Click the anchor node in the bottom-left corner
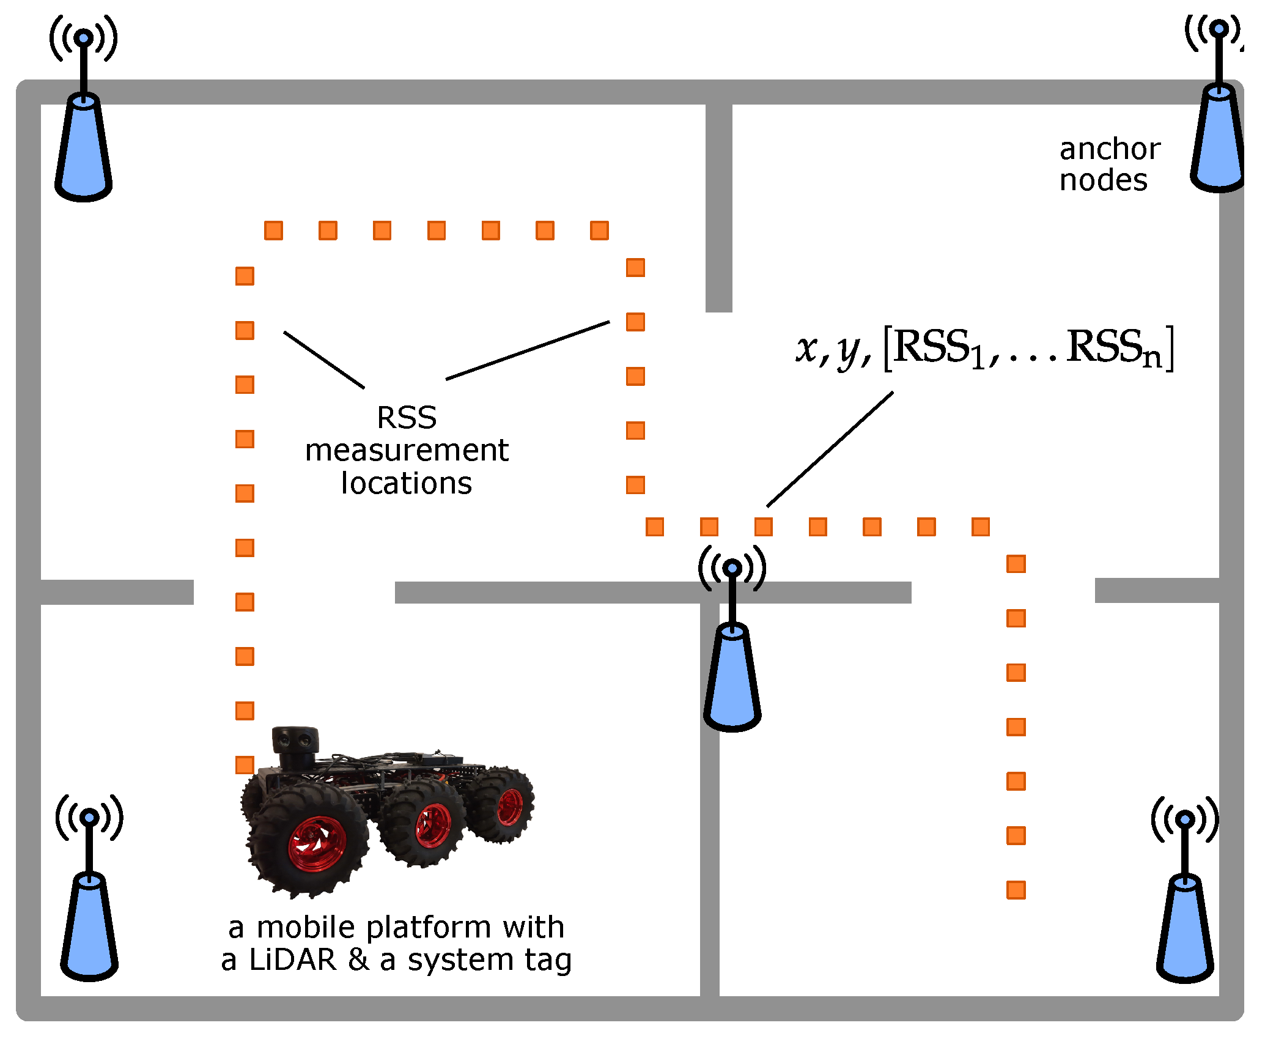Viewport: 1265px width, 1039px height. point(89,926)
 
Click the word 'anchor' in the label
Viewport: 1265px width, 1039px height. point(1110,149)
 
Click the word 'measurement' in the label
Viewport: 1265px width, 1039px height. point(407,451)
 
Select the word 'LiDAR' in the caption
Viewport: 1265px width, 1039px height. point(293,960)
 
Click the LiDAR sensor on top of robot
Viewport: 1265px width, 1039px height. point(295,741)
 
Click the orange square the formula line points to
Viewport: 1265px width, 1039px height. point(764,527)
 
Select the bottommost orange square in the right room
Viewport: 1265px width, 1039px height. point(1016,890)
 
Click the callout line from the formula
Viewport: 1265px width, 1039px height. point(830,449)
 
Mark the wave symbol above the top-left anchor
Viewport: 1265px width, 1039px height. point(84,38)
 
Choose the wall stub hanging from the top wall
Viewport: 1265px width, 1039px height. point(719,208)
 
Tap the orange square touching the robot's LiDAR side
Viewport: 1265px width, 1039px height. point(245,765)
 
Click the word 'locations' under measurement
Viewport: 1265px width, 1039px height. point(407,483)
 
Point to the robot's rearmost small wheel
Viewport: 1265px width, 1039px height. point(509,806)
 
